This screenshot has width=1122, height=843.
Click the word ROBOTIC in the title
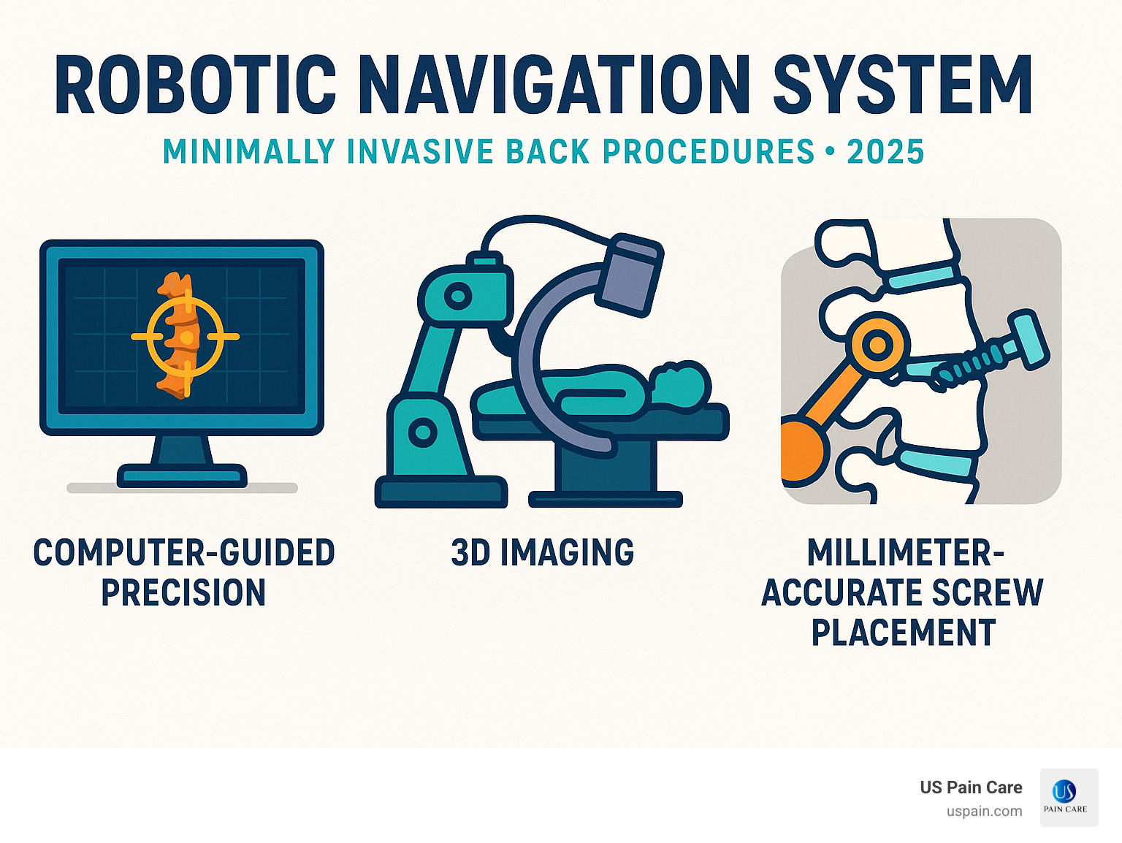point(196,85)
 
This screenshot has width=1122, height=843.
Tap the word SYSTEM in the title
point(903,85)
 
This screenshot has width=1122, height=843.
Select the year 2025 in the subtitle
point(885,152)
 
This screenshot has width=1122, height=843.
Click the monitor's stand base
point(182,476)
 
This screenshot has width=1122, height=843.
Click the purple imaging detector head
point(630,274)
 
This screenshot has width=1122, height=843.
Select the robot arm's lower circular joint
point(422,432)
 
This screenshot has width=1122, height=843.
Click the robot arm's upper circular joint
point(459,297)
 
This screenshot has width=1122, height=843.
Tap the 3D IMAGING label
point(543,553)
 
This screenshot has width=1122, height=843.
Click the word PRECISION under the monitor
point(183,592)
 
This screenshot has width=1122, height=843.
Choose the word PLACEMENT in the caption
point(904,632)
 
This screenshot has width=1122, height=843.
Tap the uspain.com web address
point(984,812)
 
